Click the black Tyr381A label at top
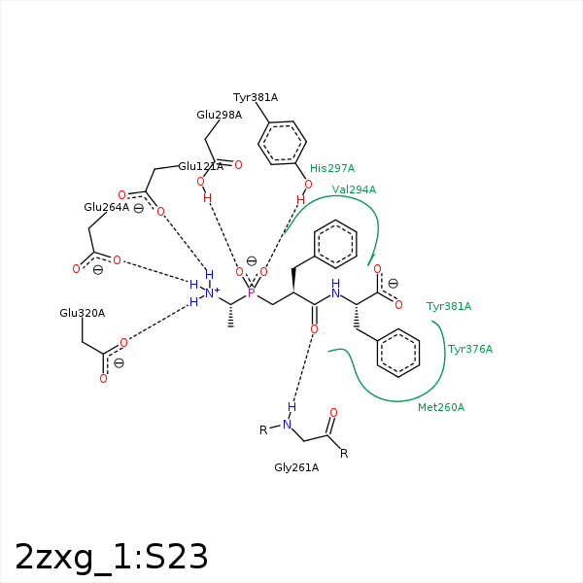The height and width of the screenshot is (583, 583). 256,97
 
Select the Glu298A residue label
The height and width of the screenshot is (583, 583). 219,115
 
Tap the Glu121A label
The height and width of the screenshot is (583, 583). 201,166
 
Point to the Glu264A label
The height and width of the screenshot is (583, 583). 106,207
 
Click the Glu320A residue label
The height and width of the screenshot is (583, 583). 83,313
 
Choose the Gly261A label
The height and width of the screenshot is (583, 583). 296,467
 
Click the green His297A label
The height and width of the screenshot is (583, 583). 332,168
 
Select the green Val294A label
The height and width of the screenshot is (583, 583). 354,189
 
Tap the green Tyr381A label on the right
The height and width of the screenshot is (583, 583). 449,306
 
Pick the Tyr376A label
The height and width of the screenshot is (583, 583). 470,349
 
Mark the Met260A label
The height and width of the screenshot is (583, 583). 441,407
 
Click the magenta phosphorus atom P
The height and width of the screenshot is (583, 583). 252,293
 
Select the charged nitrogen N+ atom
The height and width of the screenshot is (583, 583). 212,293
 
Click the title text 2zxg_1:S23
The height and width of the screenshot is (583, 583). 111,557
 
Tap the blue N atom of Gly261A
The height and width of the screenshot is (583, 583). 287,425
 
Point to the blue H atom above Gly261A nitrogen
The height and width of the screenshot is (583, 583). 291,407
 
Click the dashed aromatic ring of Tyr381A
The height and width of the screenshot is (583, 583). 282,143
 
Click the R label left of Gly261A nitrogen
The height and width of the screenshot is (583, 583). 263,430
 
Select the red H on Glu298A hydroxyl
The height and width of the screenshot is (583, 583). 208,198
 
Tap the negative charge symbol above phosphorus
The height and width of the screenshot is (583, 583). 252,261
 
